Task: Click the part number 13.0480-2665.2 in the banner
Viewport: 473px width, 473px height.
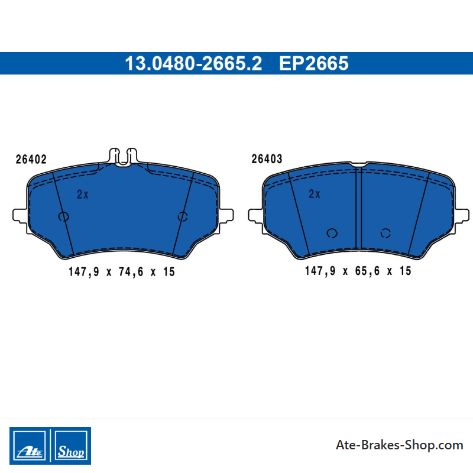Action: point(193,63)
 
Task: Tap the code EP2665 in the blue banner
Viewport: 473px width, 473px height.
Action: point(314,63)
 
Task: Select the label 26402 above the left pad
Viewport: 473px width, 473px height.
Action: point(31,159)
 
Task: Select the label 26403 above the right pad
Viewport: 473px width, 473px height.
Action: point(267,159)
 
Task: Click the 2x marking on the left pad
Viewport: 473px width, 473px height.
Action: point(83,195)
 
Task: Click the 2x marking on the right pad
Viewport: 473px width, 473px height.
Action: point(315,194)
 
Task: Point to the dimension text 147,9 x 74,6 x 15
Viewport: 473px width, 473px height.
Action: point(122,272)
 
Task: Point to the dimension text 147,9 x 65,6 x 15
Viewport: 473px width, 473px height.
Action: point(358,271)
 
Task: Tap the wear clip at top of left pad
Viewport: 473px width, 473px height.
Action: point(123,156)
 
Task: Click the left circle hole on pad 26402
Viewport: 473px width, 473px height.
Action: point(64,216)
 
